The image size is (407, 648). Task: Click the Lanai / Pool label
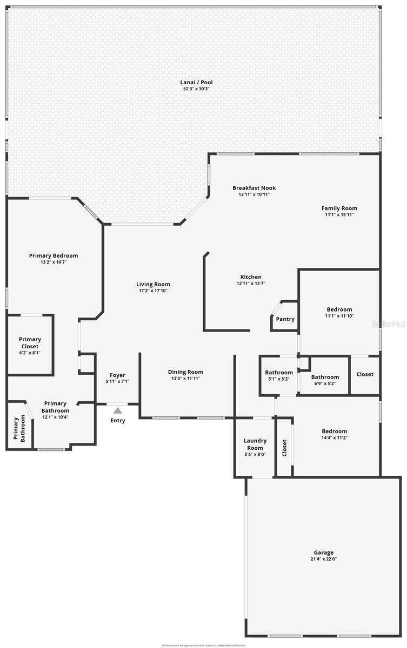click(x=196, y=82)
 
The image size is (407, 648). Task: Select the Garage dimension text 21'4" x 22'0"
click(x=324, y=559)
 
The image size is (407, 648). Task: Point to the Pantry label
click(x=285, y=319)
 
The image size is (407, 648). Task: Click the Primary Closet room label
click(x=30, y=343)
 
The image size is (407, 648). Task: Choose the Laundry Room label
click(x=255, y=444)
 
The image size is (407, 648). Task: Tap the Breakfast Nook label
click(x=254, y=188)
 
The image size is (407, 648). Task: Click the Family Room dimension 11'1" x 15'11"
click(x=339, y=215)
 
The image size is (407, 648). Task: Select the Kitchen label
click(x=251, y=277)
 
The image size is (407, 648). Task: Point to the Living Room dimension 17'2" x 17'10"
click(x=153, y=291)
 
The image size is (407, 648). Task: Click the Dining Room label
click(x=185, y=372)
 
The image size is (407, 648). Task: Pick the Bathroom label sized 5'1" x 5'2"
click(x=279, y=372)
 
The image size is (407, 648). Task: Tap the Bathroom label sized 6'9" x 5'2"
click(x=325, y=377)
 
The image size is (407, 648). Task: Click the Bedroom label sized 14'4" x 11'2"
click(x=335, y=431)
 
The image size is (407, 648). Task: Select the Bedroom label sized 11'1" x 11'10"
click(x=339, y=309)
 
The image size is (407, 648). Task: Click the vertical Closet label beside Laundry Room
click(x=284, y=448)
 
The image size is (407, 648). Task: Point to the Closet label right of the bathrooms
click(x=365, y=374)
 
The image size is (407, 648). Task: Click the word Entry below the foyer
click(x=118, y=421)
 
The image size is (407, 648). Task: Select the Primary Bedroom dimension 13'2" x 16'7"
click(x=54, y=262)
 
